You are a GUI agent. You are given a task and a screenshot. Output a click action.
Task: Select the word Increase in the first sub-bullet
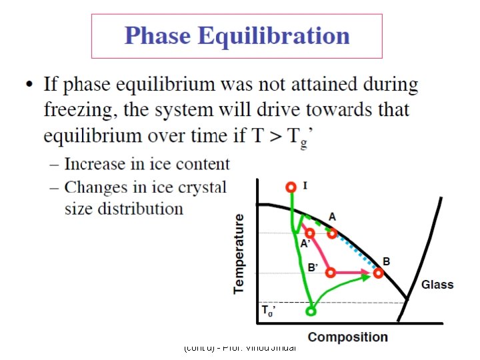[x=94, y=164]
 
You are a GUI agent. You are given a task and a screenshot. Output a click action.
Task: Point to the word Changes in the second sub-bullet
[x=94, y=187]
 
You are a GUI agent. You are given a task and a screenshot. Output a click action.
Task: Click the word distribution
[x=140, y=209]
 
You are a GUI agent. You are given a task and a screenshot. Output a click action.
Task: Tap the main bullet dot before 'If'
[x=29, y=85]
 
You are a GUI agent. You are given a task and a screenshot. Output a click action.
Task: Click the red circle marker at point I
[x=290, y=187]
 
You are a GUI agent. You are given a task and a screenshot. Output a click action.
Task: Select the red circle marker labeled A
[x=332, y=233]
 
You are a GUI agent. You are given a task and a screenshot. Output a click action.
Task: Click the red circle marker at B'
[x=332, y=273]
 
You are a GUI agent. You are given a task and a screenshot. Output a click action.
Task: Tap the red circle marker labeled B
[x=379, y=273]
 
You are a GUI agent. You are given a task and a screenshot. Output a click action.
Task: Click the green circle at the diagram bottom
[x=311, y=310]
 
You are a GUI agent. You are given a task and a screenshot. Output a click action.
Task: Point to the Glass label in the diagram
[x=437, y=285]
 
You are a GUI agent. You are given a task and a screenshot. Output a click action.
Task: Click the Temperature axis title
[x=239, y=253]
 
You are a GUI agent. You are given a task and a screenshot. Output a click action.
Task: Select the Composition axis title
[x=347, y=337]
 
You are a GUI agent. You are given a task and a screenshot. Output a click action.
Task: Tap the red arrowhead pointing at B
[x=367, y=273]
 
